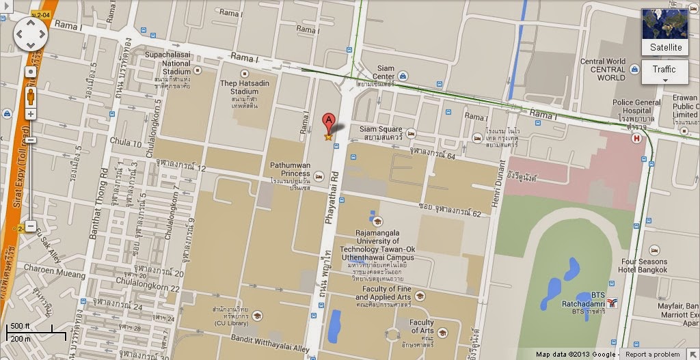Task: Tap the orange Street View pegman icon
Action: [30, 95]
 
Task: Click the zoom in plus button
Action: [30, 114]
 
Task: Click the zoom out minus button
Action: [30, 226]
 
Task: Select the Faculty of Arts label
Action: [422, 327]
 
